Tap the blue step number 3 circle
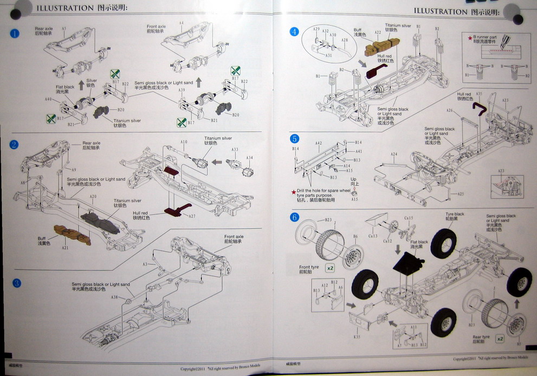[17, 283]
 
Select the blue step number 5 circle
[294, 139]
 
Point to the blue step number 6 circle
[294, 217]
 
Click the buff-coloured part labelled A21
[73, 234]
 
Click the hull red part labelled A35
[480, 109]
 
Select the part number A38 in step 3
[114, 297]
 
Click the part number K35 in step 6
[357, 337]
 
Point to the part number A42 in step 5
[319, 143]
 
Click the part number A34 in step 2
[250, 158]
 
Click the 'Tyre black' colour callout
[455, 216]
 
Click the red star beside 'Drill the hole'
[294, 191]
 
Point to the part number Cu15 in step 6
[409, 218]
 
